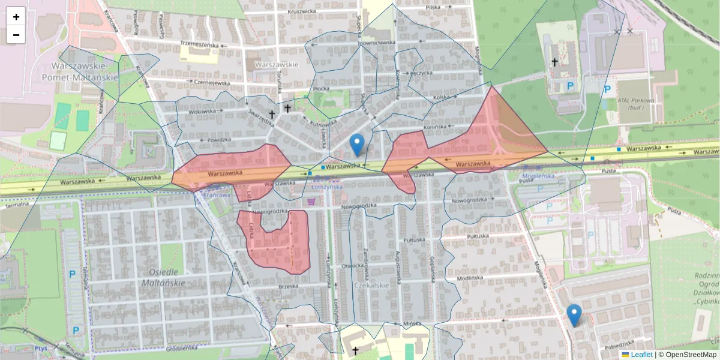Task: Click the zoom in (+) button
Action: (x=16, y=17)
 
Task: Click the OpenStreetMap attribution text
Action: (x=691, y=355)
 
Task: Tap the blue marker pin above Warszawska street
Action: (x=357, y=145)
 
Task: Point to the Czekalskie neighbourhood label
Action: (x=372, y=285)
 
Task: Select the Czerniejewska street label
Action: (x=212, y=83)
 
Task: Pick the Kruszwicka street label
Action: (x=302, y=11)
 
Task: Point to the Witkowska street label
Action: (x=202, y=111)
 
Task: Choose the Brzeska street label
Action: (x=289, y=286)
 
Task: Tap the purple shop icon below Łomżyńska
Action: (x=311, y=202)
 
